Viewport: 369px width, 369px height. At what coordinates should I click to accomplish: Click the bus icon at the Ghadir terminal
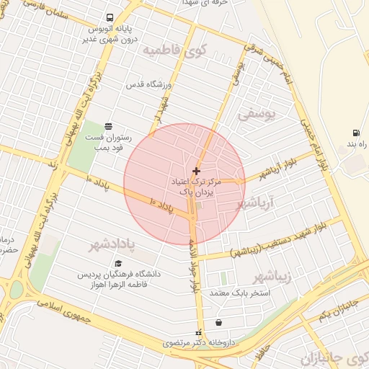pos(109,17)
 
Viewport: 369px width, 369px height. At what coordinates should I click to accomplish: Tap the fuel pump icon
pos(356,133)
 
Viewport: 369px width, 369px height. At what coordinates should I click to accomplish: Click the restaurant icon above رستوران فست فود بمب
pos(108,125)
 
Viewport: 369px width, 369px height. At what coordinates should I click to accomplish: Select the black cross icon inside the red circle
pos(196,171)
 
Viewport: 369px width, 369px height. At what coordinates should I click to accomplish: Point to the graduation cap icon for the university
pos(118,263)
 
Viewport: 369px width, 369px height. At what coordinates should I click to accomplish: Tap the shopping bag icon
pos(218,322)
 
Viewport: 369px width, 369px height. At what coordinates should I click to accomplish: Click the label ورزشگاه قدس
pos(147,86)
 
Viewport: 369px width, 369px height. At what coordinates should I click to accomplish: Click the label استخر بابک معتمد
pos(239,293)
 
